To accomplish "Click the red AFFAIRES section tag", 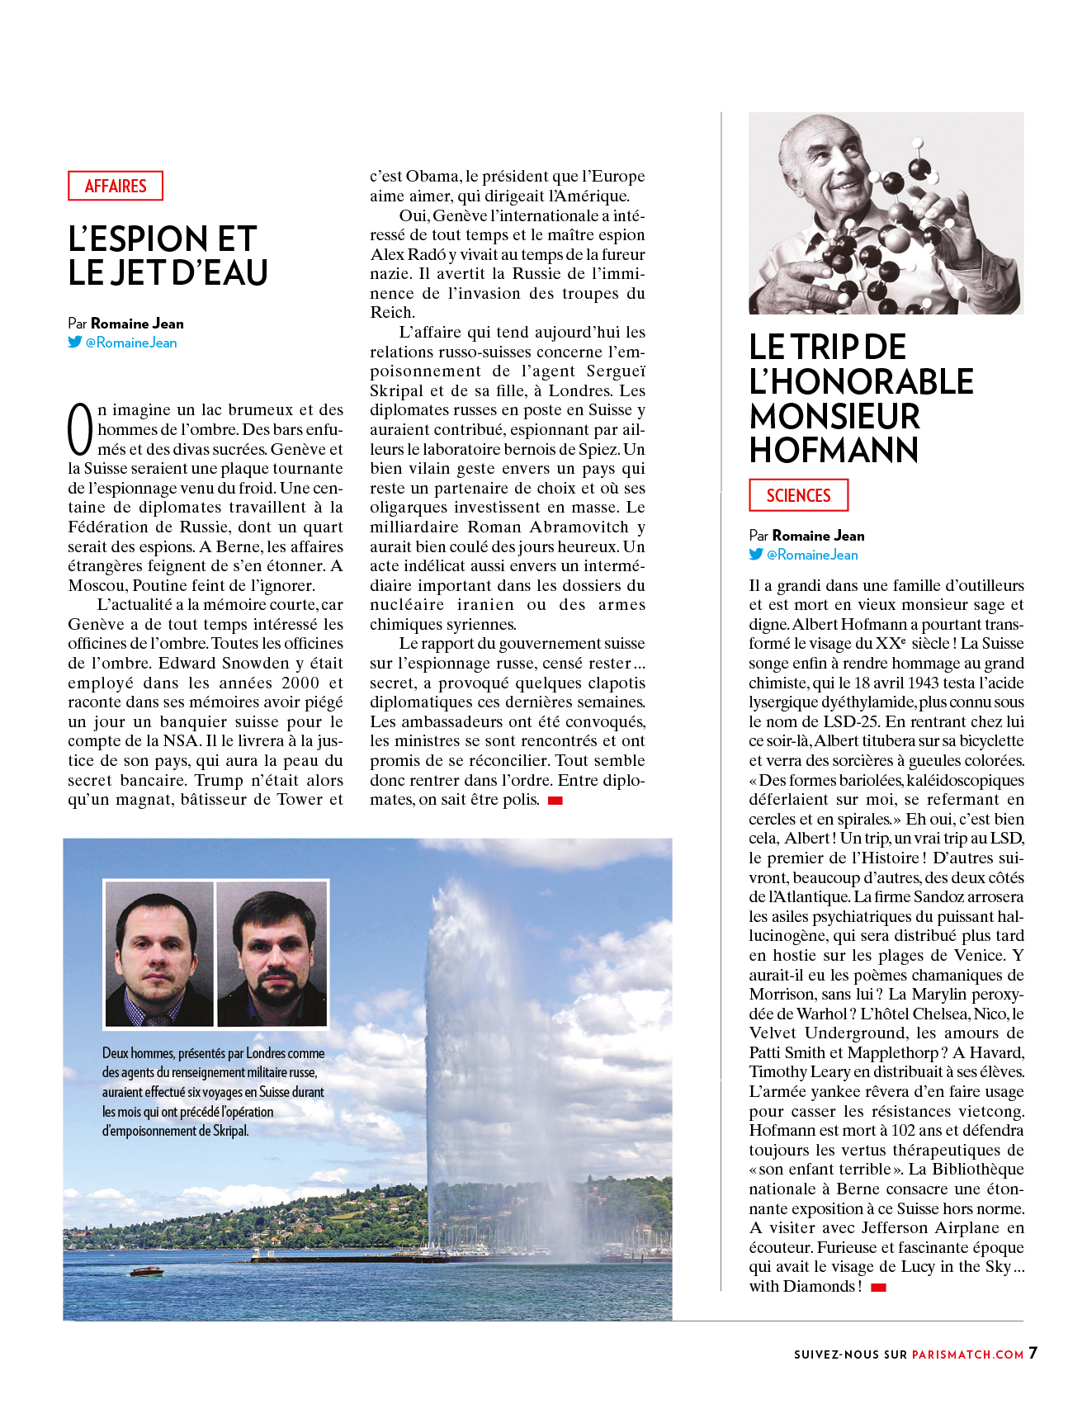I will tap(116, 186).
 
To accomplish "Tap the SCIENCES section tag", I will tap(798, 495).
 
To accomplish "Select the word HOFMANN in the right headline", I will tap(834, 450).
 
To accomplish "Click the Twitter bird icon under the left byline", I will tap(75, 342).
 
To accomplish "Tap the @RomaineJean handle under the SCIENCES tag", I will tap(812, 555).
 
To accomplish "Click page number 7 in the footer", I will tap(1033, 1353).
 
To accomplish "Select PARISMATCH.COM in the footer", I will tap(967, 1354).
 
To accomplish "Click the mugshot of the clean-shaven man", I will tap(158, 953).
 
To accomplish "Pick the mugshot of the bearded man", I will tap(272, 953).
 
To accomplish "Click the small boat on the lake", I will tap(147, 1271).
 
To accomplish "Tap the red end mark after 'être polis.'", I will tap(555, 800).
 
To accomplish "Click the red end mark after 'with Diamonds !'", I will tap(878, 1287).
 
